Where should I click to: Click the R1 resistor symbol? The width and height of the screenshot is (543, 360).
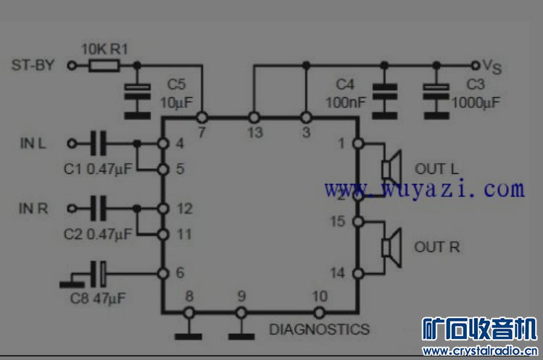[x=104, y=66]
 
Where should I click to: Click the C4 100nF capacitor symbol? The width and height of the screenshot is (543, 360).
[x=385, y=92]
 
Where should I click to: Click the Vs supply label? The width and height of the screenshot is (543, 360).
[x=492, y=67]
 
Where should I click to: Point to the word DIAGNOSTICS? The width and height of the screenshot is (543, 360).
[x=319, y=329]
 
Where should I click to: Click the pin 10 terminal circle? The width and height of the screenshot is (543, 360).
[x=318, y=313]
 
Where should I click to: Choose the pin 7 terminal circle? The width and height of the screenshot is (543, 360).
[x=202, y=117]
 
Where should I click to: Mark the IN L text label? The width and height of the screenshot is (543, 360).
[x=33, y=143]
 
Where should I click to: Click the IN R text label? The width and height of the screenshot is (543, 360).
[x=33, y=209]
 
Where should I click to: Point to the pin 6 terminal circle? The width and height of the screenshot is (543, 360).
[x=163, y=274]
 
